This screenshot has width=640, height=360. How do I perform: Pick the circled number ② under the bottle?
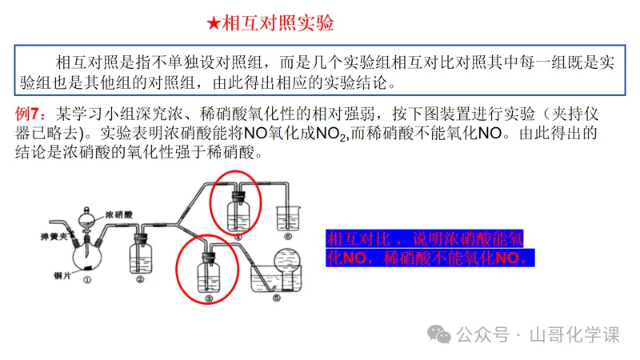139,280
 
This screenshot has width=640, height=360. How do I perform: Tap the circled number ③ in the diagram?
209,298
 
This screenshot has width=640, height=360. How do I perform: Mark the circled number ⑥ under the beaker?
287,238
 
